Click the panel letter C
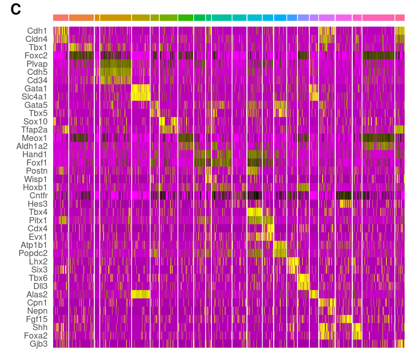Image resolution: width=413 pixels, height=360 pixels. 15,9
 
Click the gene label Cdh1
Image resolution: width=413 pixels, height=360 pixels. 37,31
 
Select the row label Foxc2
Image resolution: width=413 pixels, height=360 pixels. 36,56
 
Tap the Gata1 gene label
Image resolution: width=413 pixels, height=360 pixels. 36,89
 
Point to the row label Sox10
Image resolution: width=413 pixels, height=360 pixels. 35,122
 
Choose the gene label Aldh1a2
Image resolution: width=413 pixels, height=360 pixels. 32,146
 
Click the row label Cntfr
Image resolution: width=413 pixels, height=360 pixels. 38,196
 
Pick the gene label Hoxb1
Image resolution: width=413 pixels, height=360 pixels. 35,187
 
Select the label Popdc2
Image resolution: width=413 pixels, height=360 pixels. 33,253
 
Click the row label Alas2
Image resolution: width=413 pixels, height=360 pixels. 37,295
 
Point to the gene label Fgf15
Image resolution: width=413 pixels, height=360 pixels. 37,319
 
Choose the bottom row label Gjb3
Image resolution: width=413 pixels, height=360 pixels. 38,344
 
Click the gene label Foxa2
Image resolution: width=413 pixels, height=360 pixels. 36,336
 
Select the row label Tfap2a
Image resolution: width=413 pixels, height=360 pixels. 34,130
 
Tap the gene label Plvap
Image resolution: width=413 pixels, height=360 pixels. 37,64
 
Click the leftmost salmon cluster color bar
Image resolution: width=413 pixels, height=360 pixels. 60,18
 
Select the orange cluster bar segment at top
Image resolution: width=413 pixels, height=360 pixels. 81,18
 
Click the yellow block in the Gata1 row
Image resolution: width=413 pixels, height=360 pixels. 140,89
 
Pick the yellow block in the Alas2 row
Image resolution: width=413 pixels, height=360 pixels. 140,294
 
